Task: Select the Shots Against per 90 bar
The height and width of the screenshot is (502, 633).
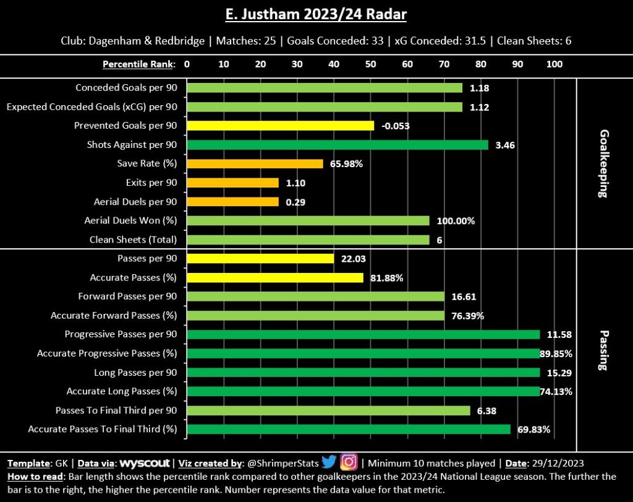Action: tap(338, 145)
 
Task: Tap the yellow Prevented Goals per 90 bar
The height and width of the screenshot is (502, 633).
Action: tap(281, 126)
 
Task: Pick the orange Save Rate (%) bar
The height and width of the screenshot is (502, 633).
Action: tap(255, 164)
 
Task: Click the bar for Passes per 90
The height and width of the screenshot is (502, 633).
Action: tap(260, 259)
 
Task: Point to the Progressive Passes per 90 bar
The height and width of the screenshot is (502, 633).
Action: tap(363, 334)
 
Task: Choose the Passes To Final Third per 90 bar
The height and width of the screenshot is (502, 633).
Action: tap(328, 410)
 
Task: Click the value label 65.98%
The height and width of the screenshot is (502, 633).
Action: tap(347, 164)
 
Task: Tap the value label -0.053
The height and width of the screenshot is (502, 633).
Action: tap(396, 126)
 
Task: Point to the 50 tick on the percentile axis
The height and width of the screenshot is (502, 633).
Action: tap(370, 64)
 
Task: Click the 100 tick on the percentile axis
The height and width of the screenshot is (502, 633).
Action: tap(554, 64)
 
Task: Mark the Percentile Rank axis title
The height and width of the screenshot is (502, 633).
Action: tap(138, 64)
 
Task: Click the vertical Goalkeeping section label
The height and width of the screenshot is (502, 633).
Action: tap(603, 163)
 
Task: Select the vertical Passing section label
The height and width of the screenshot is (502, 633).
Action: tap(603, 350)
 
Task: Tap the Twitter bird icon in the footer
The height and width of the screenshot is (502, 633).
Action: tap(329, 462)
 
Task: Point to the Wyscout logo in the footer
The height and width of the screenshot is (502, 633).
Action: tap(145, 463)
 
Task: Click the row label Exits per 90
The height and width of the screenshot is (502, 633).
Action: tap(151, 183)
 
